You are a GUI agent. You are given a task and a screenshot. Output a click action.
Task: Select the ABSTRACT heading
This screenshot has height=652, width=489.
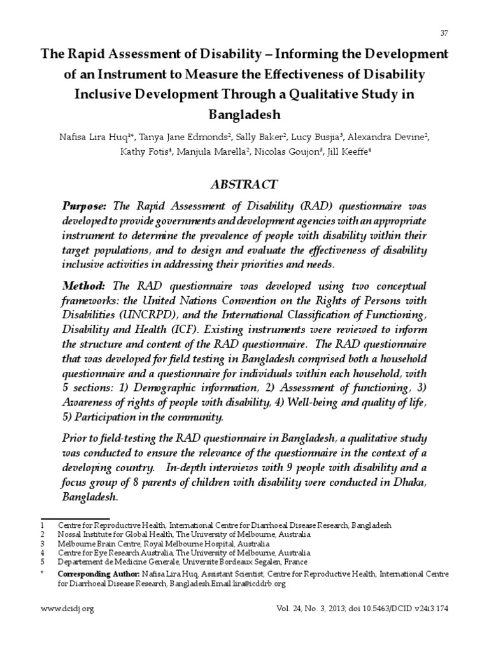click(244, 184)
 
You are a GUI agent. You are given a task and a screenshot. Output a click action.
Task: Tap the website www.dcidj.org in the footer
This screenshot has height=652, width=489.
click(67, 609)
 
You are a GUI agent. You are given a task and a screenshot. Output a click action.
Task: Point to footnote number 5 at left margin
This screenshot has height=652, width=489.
click(43, 562)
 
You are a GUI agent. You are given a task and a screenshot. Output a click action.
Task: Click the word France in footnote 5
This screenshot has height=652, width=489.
click(295, 562)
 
